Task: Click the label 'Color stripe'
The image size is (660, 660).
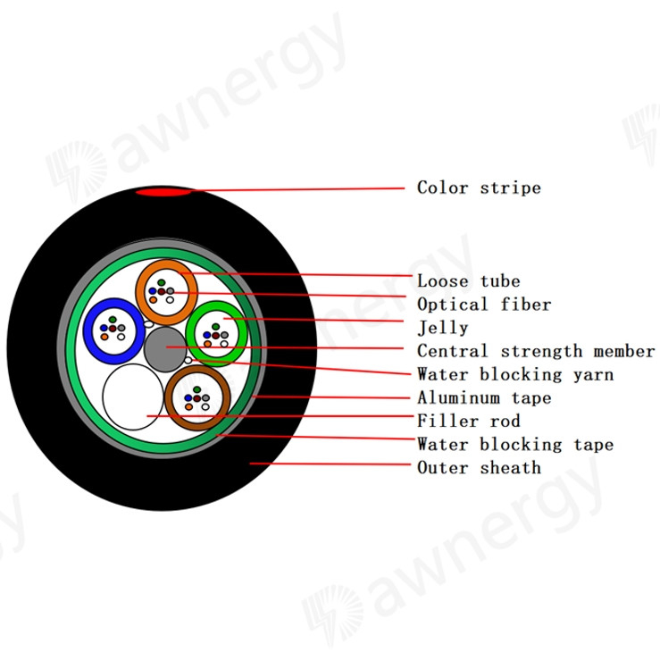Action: point(479,188)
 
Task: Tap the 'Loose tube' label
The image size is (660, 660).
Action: point(469,281)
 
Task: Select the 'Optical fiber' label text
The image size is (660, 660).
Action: point(484,305)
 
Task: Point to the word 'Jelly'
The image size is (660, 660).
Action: point(442,328)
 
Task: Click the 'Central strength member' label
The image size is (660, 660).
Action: point(536,351)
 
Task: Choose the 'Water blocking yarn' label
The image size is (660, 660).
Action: point(515,374)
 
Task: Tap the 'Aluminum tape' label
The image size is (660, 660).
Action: point(484,397)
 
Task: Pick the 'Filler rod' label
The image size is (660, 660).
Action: point(469,421)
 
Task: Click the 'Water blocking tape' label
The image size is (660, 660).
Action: point(515,445)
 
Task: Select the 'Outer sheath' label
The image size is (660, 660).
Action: point(479,468)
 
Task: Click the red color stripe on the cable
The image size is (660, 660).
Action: point(163,192)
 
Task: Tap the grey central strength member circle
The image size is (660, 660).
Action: point(165,349)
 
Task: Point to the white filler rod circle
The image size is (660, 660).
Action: point(133,397)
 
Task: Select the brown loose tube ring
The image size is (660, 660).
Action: point(170,397)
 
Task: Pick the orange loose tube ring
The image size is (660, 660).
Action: point(140,293)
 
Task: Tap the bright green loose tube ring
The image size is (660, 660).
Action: point(190,333)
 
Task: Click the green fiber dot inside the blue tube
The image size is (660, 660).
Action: point(113,320)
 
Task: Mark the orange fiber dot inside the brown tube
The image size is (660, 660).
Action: point(188,407)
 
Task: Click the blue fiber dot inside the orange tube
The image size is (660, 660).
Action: point(153,291)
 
